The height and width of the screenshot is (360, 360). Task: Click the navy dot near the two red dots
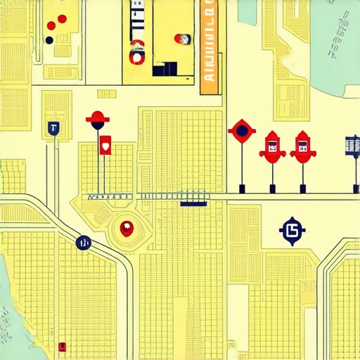pyautogui.click(x=49, y=40)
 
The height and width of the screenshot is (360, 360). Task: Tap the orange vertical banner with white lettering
pyautogui.click(x=209, y=46)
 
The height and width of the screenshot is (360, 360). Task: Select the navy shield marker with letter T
pyautogui.click(x=53, y=128)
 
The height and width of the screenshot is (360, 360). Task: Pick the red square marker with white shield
pyautogui.click(x=105, y=144)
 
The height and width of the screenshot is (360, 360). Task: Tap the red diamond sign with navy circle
pyautogui.click(x=242, y=130)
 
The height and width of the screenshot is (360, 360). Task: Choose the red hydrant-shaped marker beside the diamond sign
pyautogui.click(x=271, y=146)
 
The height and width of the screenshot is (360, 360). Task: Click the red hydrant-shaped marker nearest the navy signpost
pyautogui.click(x=302, y=146)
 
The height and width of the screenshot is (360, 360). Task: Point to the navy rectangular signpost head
pyautogui.click(x=351, y=145)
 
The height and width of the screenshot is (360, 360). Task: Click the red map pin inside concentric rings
pyautogui.click(x=127, y=228)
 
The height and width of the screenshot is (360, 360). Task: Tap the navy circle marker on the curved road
pyautogui.click(x=83, y=243)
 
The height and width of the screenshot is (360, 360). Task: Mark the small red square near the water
pyautogui.click(x=62, y=346)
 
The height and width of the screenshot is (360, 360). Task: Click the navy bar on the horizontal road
pyautogui.click(x=193, y=204)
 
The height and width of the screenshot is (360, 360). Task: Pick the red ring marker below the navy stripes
pyautogui.click(x=136, y=51)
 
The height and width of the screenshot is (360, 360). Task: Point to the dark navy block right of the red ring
pyautogui.click(x=165, y=68)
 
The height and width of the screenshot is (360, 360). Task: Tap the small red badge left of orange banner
pyautogui.click(x=184, y=39)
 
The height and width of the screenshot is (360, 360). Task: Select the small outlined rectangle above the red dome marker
pyautogui.click(x=107, y=94)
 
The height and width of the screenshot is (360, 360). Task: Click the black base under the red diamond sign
pyautogui.click(x=242, y=188)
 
